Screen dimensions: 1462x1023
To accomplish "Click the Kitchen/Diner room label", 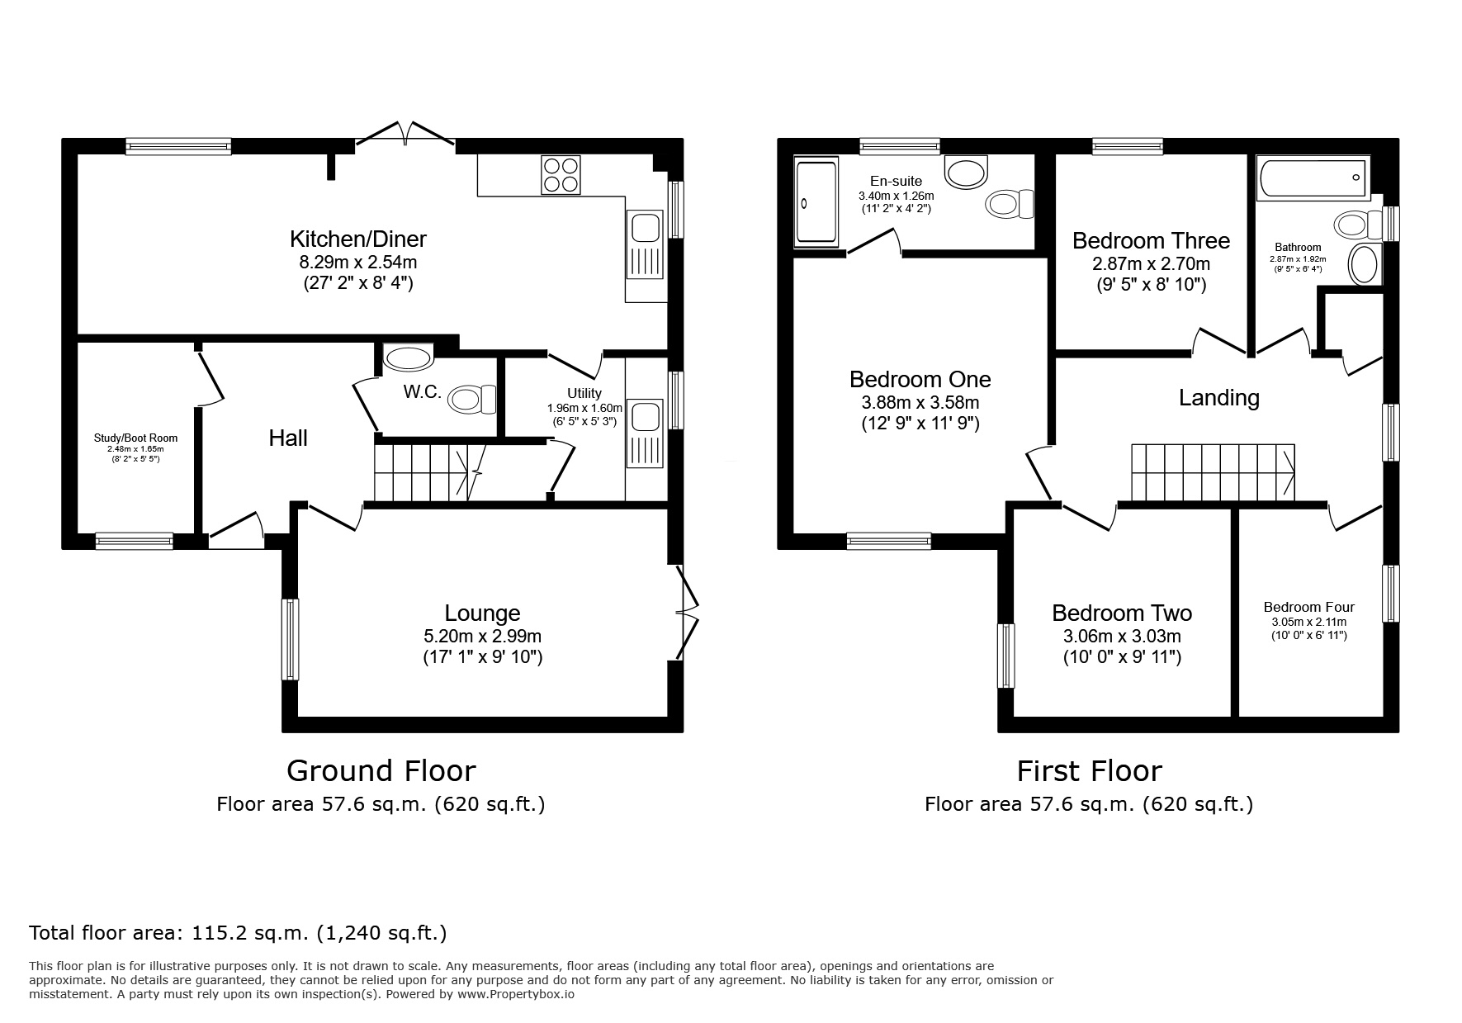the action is click(x=357, y=239).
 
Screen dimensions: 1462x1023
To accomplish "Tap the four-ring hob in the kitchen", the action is click(x=561, y=174).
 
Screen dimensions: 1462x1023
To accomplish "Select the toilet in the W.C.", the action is click(x=473, y=399).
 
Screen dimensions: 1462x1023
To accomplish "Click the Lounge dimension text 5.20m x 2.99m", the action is click(x=482, y=636).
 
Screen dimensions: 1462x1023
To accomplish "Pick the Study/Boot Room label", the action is click(x=135, y=438).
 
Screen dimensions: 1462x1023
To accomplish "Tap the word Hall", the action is click(x=288, y=438).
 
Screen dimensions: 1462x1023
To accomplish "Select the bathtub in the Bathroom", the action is click(x=1313, y=178).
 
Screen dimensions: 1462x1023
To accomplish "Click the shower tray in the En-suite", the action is click(x=816, y=202).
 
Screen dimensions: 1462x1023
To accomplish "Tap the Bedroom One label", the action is click(x=920, y=379).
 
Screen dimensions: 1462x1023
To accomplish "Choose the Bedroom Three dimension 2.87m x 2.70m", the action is click(x=1151, y=264).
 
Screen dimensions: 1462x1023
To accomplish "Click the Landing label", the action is click(x=1218, y=398).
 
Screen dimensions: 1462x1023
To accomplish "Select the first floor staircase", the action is click(x=1213, y=472).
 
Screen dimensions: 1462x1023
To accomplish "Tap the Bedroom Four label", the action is click(x=1309, y=608).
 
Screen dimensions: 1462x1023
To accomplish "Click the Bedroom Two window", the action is click(x=1006, y=656).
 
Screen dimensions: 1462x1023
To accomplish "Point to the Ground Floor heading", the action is click(x=381, y=770).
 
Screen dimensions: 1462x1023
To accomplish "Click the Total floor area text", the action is click(x=238, y=933).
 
